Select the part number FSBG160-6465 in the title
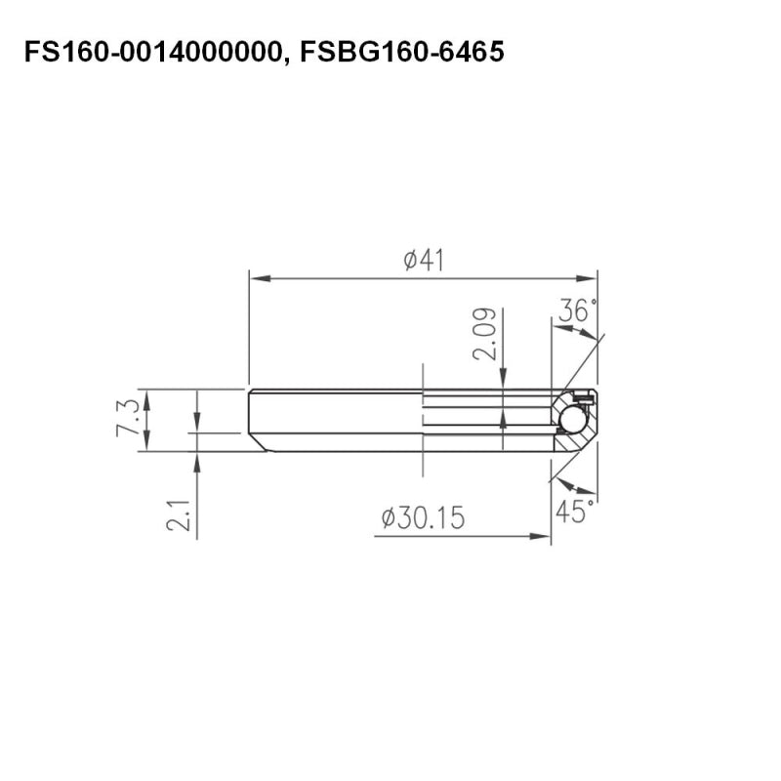402,52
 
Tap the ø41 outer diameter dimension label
425,261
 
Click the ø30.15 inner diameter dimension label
423,516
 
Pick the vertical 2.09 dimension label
485,335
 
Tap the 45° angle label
576,511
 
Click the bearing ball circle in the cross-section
572,419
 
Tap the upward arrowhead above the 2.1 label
197,460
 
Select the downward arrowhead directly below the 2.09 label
502,385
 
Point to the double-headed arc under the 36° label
575,332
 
